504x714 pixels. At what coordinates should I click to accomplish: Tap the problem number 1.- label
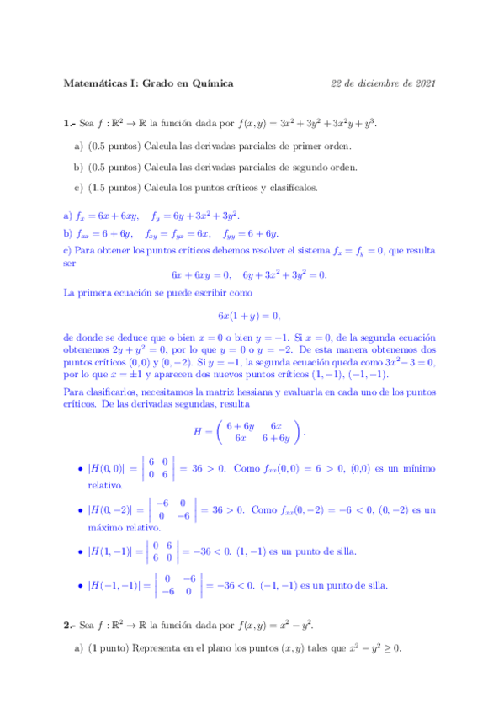70,124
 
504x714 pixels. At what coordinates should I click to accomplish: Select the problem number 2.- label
70,626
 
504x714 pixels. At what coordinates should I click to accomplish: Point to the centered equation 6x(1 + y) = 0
248,316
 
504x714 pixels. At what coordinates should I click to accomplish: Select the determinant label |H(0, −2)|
116,510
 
